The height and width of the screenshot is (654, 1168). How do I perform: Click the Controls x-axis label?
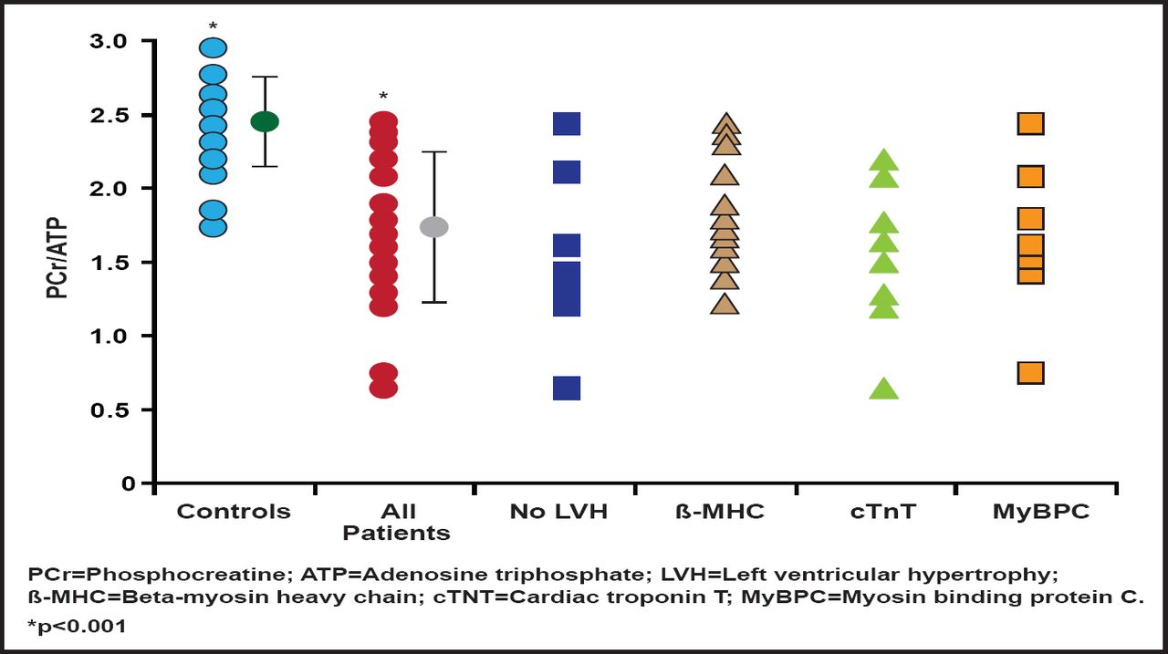coord(234,512)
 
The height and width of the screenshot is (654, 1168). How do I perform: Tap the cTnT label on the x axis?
coord(881,512)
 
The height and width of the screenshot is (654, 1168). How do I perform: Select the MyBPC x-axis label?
coord(1040,512)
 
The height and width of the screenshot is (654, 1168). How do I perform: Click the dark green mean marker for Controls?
coord(265,121)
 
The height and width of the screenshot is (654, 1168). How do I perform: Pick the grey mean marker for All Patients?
coord(433,227)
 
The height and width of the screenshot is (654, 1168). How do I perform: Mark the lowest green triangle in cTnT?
coord(884,389)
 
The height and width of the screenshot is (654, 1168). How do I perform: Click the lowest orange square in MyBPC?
coord(1030,373)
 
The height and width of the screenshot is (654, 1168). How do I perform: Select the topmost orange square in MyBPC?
coord(1030,123)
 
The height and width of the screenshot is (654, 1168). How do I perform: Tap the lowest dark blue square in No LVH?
coord(567,388)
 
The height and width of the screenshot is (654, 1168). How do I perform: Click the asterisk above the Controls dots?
coord(213,26)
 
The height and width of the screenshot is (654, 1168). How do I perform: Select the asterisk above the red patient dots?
coord(383,97)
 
